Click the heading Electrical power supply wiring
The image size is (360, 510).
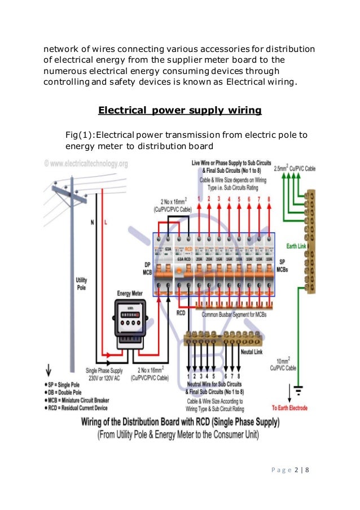[179, 110]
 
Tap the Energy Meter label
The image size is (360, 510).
[131, 294]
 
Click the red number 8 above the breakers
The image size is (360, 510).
[269, 198]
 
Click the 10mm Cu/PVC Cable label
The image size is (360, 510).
[287, 364]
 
